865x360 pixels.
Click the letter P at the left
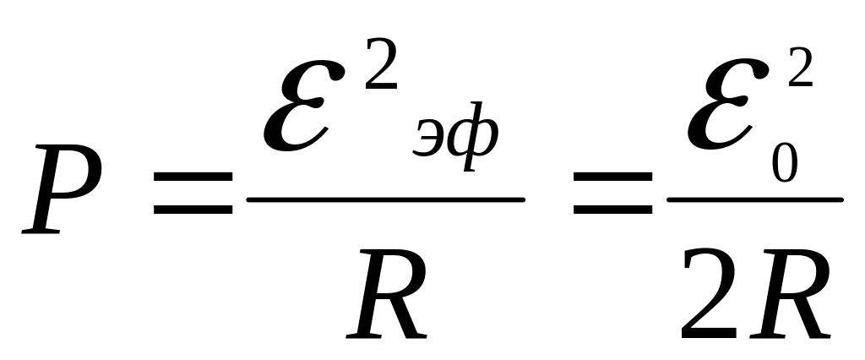[x=63, y=190]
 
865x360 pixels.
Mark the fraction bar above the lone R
[x=385, y=200]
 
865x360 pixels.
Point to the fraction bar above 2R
[x=754, y=200]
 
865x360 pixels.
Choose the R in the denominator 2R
[x=790, y=296]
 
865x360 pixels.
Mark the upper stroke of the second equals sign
[x=614, y=177]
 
